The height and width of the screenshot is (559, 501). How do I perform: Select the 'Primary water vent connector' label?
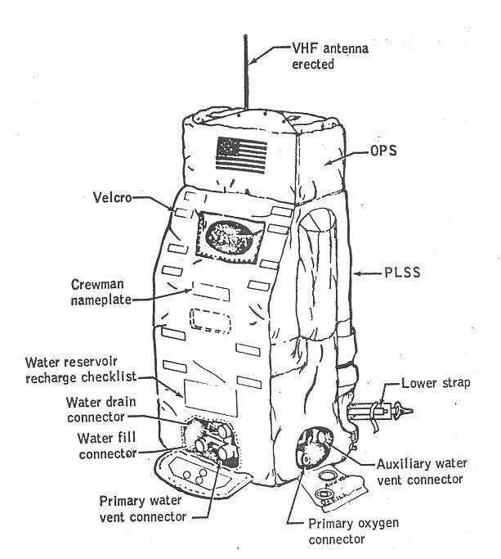[x=143, y=508]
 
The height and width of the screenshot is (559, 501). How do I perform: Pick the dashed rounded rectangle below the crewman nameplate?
[x=211, y=320]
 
